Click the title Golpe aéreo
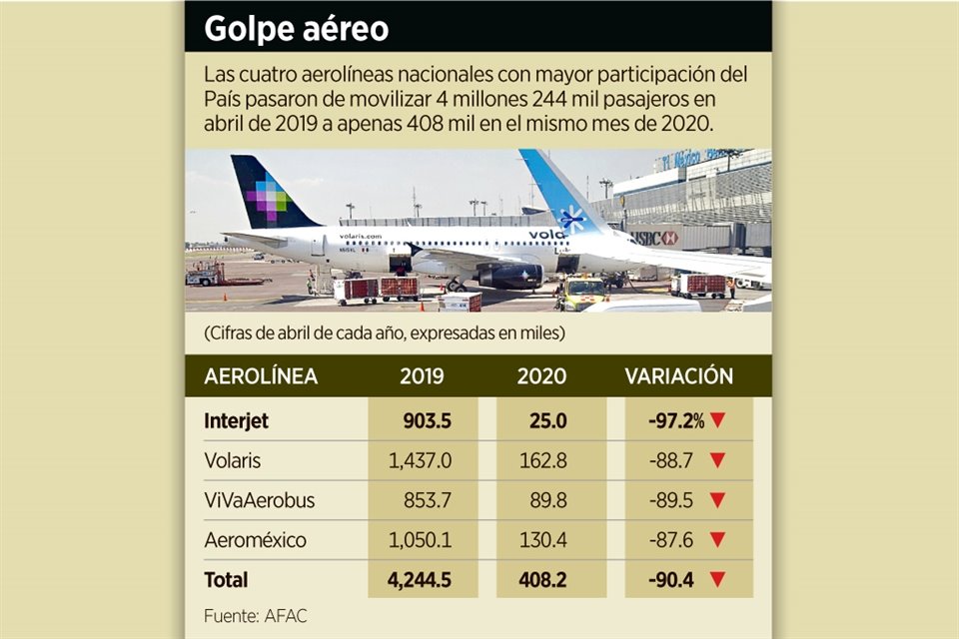296,28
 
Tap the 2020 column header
542,376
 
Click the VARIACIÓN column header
679,376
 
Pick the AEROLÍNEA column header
261,376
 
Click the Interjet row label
236,421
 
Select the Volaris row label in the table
234,461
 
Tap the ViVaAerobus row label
259,501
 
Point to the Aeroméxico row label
255,540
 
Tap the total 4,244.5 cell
418,579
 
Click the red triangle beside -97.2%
716,421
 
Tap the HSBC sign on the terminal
655,238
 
